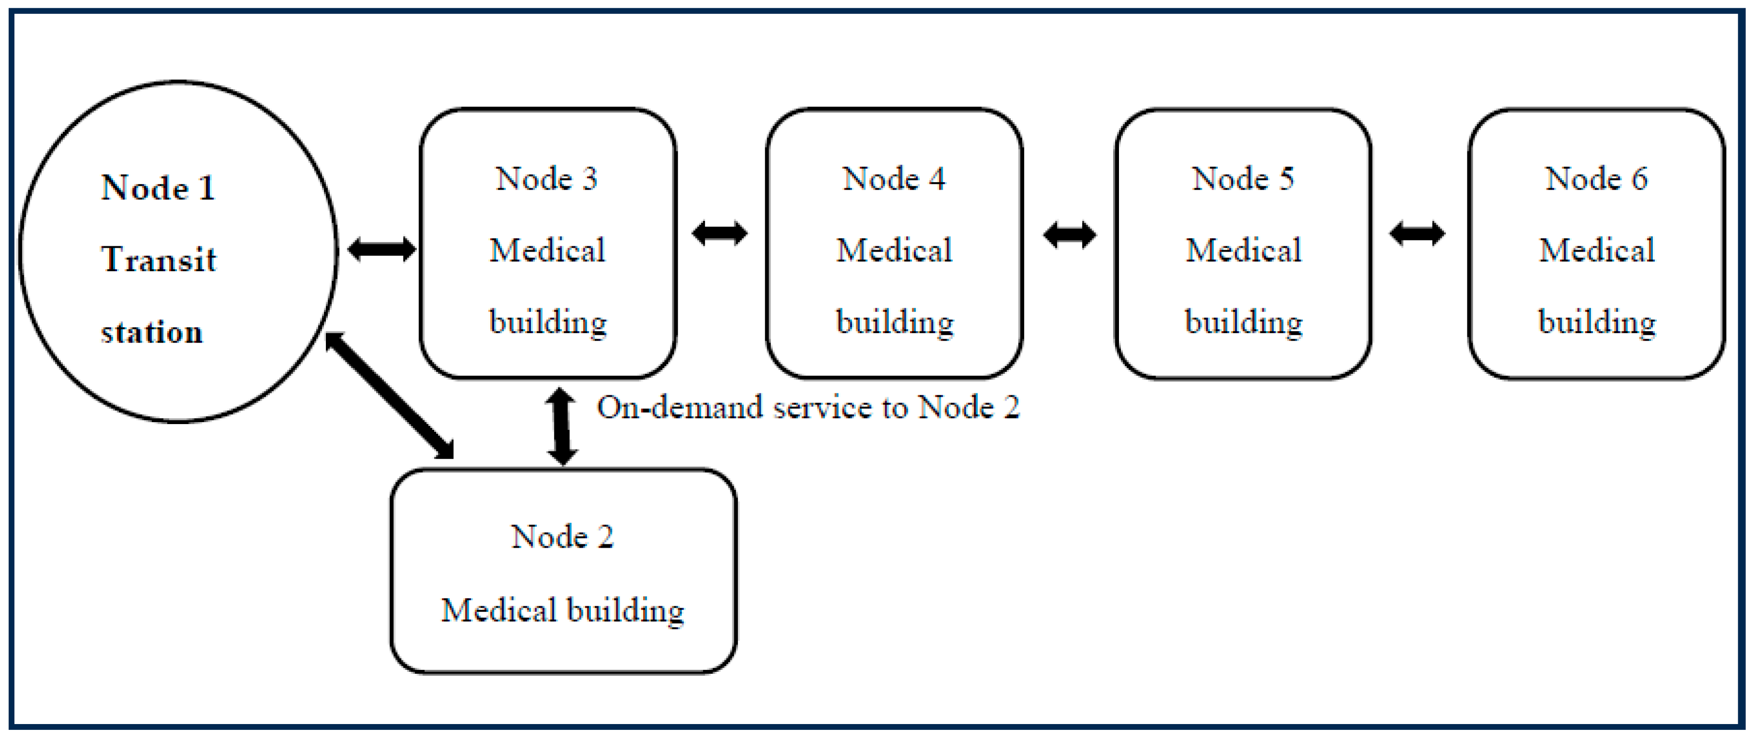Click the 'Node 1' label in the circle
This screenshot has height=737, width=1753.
pyautogui.click(x=158, y=188)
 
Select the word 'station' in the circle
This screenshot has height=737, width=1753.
pyautogui.click(x=152, y=333)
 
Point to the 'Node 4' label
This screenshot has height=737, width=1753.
pyautogui.click(x=894, y=179)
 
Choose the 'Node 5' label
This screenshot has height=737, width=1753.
pyautogui.click(x=1243, y=179)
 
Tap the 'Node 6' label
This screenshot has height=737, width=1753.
pyautogui.click(x=1596, y=179)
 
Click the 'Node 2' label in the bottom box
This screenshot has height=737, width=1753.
pyautogui.click(x=562, y=537)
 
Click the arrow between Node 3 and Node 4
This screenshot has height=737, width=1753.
pyautogui.click(x=719, y=233)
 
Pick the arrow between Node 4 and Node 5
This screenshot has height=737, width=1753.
pyautogui.click(x=1069, y=235)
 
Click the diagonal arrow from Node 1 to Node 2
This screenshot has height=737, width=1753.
pyautogui.click(x=389, y=395)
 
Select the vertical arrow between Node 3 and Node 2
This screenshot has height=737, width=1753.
pyautogui.click(x=562, y=426)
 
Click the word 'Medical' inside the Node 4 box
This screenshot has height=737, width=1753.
pyautogui.click(x=894, y=251)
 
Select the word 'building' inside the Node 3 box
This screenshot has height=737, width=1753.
pyautogui.click(x=548, y=322)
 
